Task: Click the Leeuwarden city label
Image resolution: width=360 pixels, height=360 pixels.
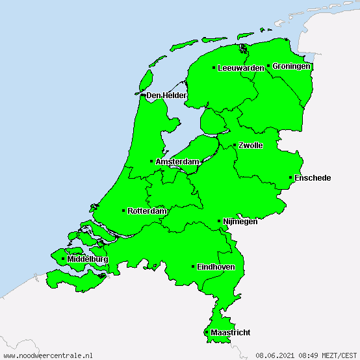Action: (x=241, y=68)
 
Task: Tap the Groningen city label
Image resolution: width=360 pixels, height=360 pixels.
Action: (x=291, y=66)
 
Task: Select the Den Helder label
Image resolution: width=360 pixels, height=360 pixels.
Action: (x=166, y=96)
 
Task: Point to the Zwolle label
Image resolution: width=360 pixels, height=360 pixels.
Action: (x=251, y=146)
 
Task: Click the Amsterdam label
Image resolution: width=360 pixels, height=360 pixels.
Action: (x=177, y=161)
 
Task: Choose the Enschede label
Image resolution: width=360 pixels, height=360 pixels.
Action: (x=313, y=178)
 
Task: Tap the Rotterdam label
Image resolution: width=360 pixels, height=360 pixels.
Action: (x=148, y=211)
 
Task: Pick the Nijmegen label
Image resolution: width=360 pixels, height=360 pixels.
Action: (x=240, y=222)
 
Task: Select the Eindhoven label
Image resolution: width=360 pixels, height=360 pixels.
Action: (x=216, y=267)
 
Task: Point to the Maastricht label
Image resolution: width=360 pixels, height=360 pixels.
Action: (x=230, y=333)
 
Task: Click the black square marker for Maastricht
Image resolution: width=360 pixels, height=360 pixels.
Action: (x=207, y=332)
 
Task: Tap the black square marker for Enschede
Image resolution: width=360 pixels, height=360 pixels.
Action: (x=290, y=177)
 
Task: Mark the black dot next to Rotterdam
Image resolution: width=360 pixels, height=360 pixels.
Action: (x=123, y=211)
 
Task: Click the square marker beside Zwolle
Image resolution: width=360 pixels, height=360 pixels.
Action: (x=235, y=145)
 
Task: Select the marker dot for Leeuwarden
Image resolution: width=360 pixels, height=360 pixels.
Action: (x=214, y=68)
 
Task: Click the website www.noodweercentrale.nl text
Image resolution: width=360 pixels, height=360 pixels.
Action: (x=47, y=355)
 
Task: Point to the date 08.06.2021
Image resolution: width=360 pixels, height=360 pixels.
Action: (x=276, y=355)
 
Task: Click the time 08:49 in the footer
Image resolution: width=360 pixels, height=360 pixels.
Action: (x=308, y=355)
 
